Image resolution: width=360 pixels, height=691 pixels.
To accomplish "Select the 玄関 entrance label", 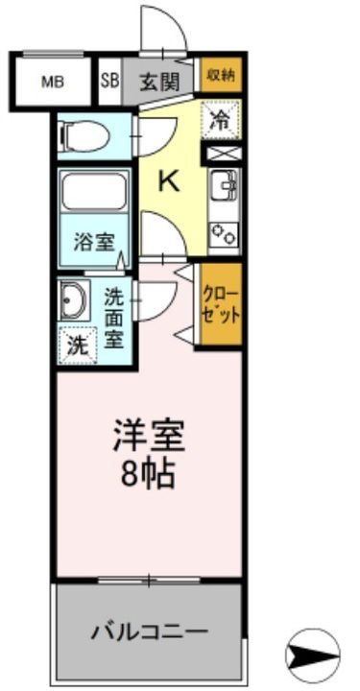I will pos(159,82).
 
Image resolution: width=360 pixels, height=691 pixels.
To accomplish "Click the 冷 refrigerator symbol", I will pos(221,122).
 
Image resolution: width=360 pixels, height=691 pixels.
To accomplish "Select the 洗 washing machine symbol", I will pos(77,345).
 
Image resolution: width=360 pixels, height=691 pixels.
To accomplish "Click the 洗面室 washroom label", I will pos(113,319).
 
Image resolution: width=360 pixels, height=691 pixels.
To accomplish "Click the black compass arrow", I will pos(314,655).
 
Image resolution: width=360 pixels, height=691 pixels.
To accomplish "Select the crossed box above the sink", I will pos(222,153).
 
